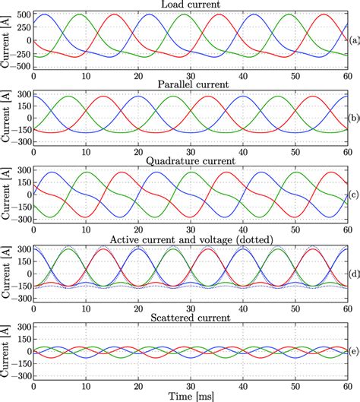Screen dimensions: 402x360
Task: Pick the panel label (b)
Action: [353, 119]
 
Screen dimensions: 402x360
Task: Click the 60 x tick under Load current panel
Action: [346, 75]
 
